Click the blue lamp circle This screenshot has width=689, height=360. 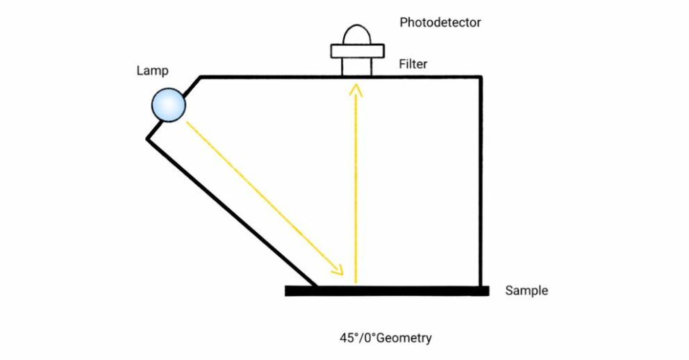[x=169, y=105]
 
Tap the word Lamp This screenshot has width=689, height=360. [x=153, y=71]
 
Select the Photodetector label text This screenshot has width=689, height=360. [x=440, y=22]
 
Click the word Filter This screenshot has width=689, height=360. [x=413, y=65]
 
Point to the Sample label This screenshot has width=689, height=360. [x=526, y=291]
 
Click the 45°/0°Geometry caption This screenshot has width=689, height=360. [x=385, y=338]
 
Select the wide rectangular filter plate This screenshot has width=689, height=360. [x=357, y=51]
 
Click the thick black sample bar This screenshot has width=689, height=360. [x=386, y=291]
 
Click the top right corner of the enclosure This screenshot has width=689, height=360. [x=480, y=77]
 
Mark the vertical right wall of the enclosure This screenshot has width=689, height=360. [x=480, y=181]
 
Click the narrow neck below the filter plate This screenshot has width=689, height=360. [x=357, y=67]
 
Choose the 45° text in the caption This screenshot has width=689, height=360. [x=348, y=338]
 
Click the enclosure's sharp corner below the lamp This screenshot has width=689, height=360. [x=147, y=138]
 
